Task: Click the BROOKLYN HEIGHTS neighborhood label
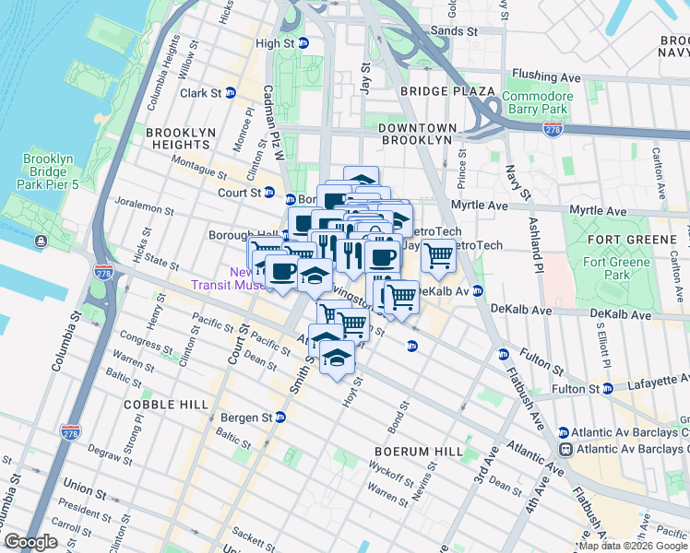(178, 138)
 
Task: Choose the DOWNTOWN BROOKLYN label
(417, 134)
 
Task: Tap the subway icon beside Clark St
(230, 93)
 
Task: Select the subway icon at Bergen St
(280, 418)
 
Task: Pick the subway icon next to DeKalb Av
(478, 291)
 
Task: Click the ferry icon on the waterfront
(42, 242)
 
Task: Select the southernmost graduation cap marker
(338, 358)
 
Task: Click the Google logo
(30, 542)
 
